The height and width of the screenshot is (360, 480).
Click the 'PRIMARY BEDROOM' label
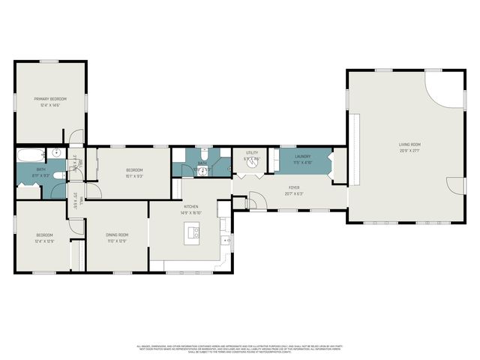50,99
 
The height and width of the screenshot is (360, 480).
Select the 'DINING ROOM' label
116,235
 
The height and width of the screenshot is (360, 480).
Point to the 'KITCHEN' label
190,206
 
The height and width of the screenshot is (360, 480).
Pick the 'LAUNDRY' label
302,157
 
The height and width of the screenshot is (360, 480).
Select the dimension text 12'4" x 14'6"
50,105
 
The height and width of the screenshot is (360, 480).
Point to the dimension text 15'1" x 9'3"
134,176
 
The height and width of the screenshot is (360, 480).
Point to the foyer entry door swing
255,200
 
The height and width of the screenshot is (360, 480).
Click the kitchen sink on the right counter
225,240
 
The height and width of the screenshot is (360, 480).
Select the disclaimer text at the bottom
240,349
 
